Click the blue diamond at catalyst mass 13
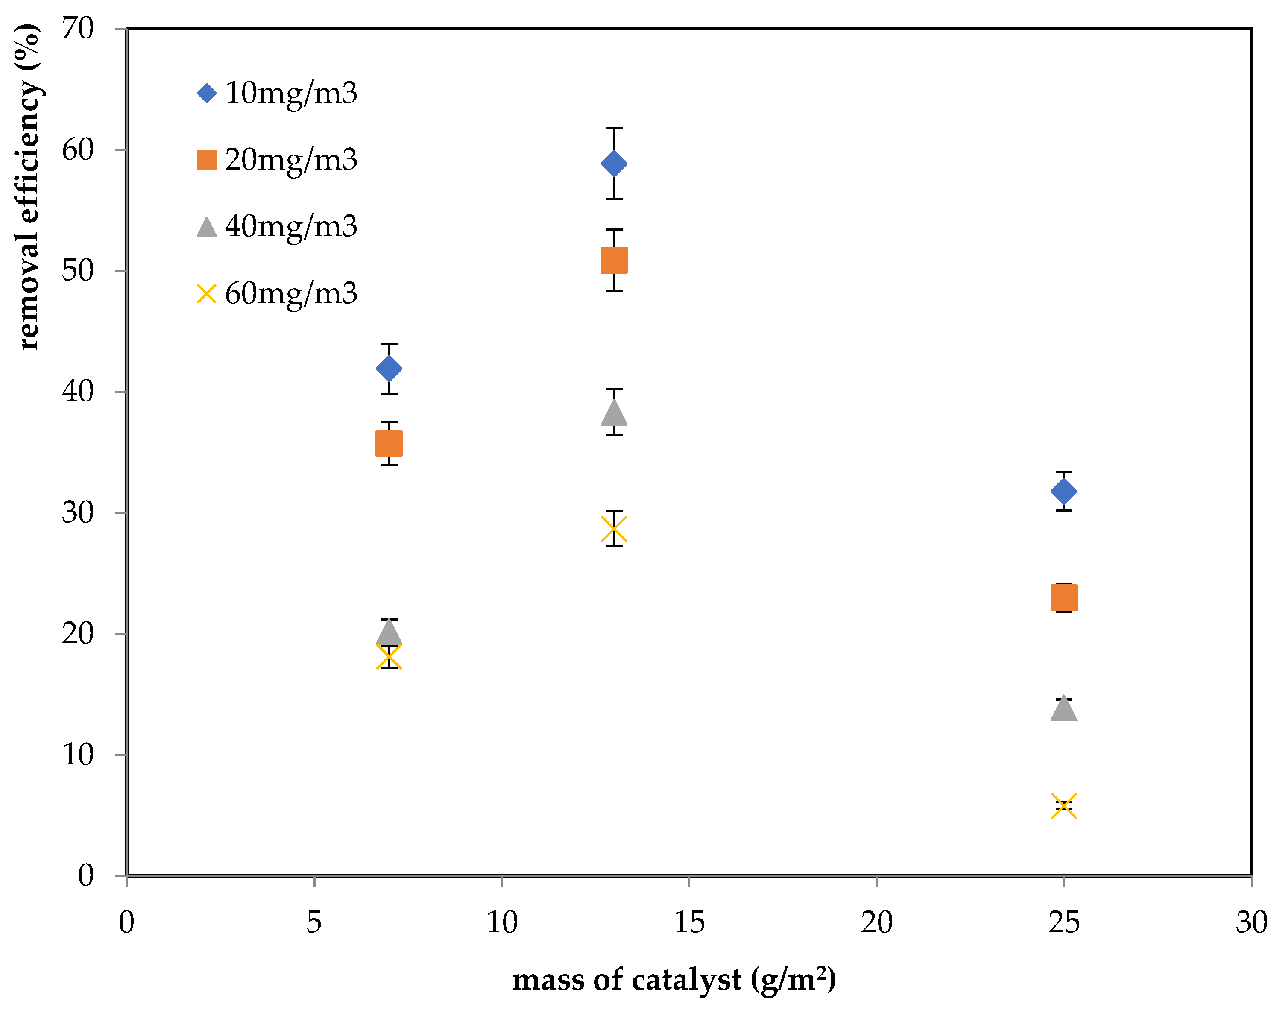[614, 164]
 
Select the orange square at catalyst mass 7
[389, 443]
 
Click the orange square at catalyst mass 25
[1063, 597]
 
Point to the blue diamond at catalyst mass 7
[389, 369]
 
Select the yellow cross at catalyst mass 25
[1063, 806]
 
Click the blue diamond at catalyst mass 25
[1063, 491]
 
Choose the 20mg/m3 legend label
[291, 160]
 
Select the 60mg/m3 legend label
[291, 293]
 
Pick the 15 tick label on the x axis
[689, 922]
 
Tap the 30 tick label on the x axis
[1251, 922]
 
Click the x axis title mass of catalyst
[674, 980]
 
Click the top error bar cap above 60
[614, 128]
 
